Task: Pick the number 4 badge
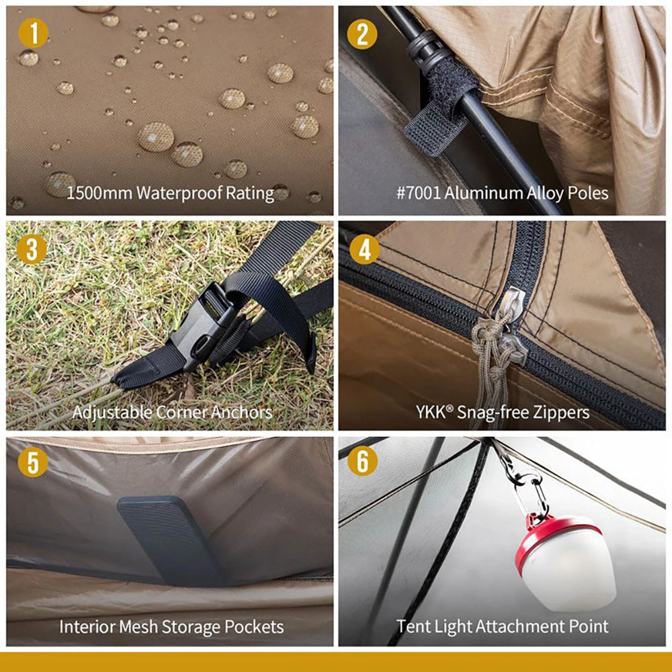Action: tap(363, 250)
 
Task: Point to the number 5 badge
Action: tap(33, 463)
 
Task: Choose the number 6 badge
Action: tap(363, 463)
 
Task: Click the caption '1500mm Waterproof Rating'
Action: tap(170, 194)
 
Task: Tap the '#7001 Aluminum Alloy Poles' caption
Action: tap(502, 194)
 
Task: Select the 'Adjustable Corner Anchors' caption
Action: tap(172, 411)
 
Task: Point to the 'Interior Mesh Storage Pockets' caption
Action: tap(171, 627)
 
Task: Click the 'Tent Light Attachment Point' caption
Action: tap(502, 627)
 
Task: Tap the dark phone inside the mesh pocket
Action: tap(171, 538)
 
